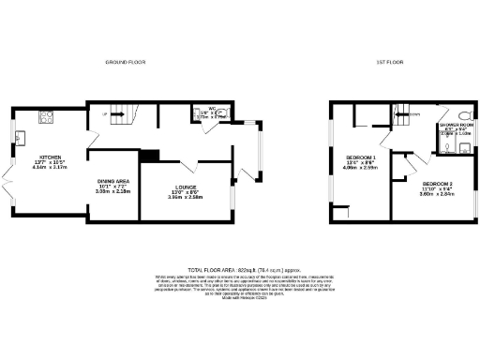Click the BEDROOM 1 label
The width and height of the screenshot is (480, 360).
(x=361, y=157)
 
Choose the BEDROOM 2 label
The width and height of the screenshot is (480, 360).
(x=437, y=183)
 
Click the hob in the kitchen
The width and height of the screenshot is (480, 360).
(x=44, y=117)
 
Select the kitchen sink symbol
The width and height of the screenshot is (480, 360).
(x=19, y=141)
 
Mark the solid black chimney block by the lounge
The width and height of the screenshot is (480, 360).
(x=147, y=156)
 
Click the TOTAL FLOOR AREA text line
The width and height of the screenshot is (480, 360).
(x=240, y=266)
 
